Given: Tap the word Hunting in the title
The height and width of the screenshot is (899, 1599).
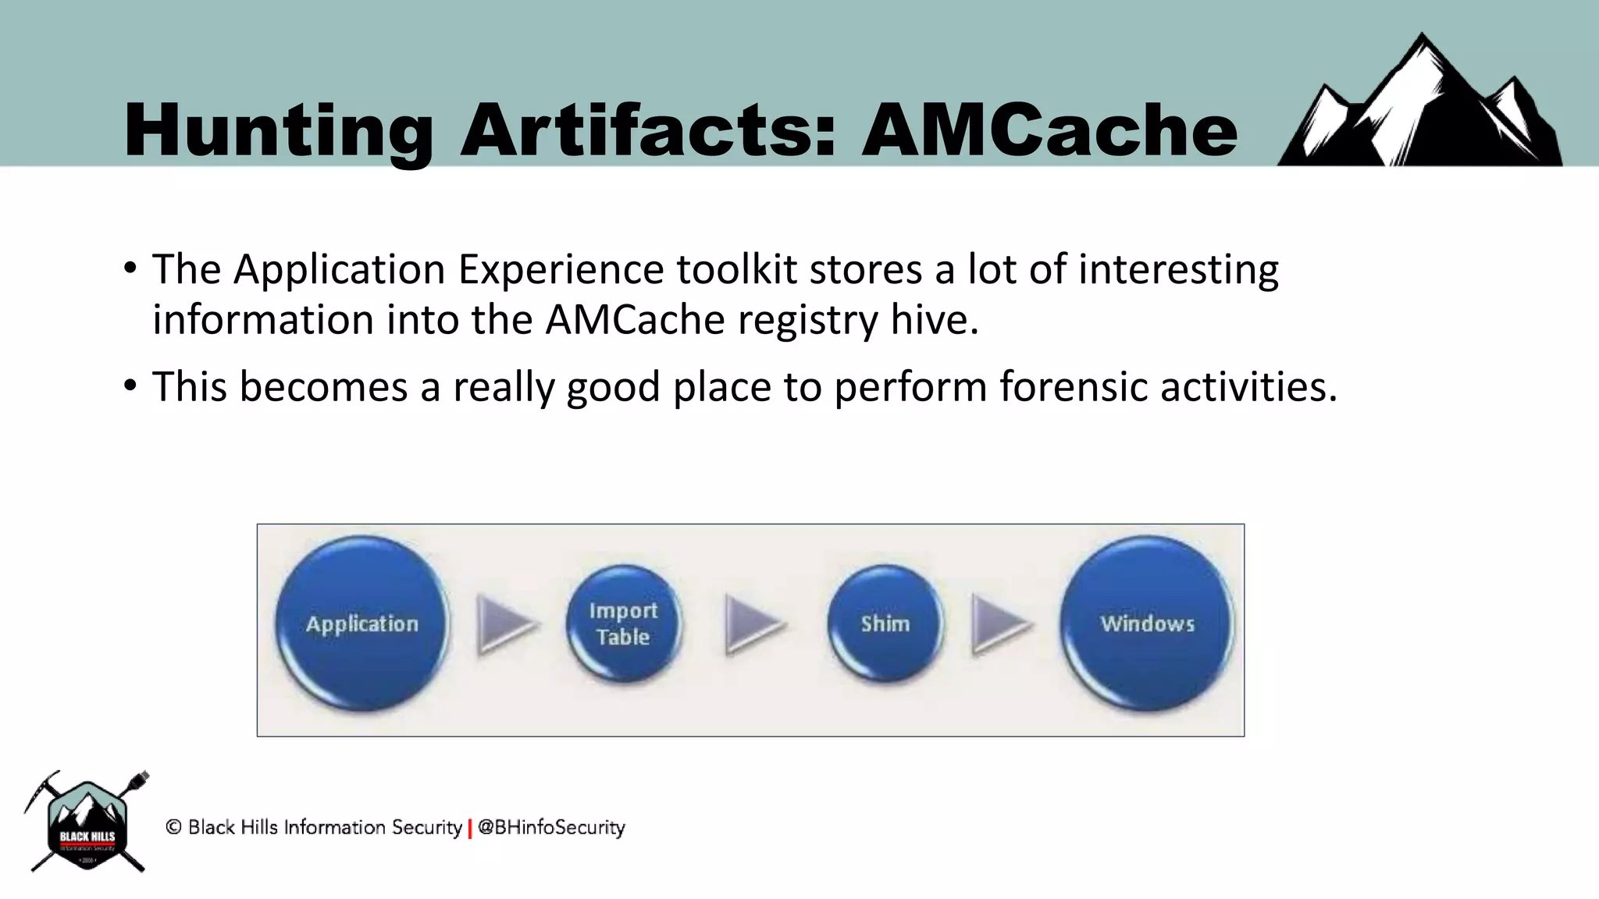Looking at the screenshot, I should (x=278, y=130).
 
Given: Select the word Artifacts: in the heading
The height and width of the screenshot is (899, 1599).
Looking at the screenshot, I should (x=647, y=130).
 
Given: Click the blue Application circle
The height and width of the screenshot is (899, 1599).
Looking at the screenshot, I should (x=362, y=624).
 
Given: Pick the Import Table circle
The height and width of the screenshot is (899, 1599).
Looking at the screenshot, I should (x=623, y=624).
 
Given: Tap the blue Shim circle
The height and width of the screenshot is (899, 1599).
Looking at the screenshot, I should (x=885, y=624).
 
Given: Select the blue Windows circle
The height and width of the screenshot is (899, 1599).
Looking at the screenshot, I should (x=1147, y=624).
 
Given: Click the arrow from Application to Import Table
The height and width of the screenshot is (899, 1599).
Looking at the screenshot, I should (x=505, y=624).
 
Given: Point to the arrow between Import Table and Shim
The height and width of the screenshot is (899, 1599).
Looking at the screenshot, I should (x=753, y=624).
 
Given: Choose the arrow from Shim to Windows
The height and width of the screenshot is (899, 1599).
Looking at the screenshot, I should (x=1000, y=624).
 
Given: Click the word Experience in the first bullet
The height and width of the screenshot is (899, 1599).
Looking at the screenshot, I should (x=560, y=269).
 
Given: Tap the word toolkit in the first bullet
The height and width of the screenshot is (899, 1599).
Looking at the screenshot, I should (x=736, y=269).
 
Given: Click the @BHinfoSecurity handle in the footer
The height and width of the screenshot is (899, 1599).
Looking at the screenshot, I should (x=551, y=827).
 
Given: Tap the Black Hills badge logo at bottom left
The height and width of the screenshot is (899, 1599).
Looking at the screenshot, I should (x=87, y=823).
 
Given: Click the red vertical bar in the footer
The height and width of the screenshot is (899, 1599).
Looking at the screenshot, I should (x=469, y=828).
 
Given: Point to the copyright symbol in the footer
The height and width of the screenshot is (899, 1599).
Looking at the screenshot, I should (x=174, y=827).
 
